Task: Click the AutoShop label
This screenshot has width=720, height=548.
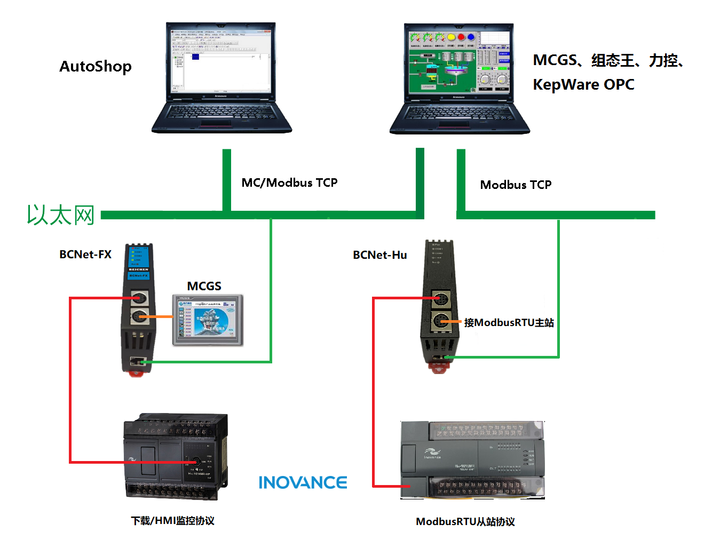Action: point(96,67)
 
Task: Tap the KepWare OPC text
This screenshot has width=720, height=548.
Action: point(583,84)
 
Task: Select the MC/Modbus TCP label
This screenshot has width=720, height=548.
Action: point(289,183)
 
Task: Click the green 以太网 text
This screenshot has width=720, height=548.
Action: point(61,215)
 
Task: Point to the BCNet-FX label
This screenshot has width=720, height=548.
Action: point(85,255)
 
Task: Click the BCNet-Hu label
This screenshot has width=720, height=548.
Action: point(379,255)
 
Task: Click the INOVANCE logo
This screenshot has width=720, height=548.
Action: point(303,483)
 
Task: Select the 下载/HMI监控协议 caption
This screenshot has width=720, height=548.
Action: point(172,521)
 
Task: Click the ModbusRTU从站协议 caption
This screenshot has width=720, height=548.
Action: point(465,522)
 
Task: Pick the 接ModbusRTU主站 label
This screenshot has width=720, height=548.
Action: point(509,323)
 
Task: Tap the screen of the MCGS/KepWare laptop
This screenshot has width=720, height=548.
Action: point(459,62)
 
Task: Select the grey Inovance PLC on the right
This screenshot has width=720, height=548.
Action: point(472,460)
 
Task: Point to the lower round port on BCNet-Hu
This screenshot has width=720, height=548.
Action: point(441,321)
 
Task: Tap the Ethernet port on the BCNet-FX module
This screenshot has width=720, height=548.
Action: point(137,362)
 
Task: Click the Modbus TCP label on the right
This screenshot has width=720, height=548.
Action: point(516,185)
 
